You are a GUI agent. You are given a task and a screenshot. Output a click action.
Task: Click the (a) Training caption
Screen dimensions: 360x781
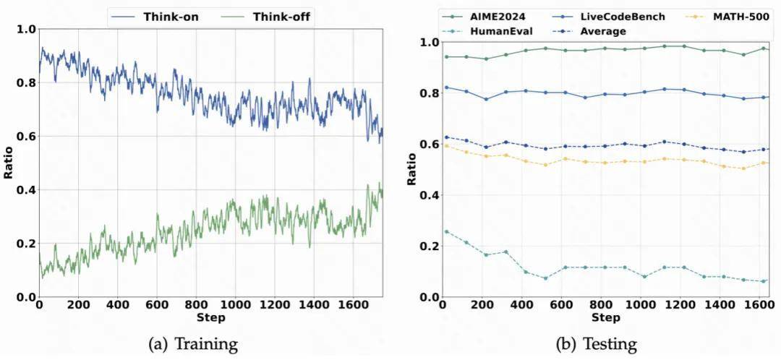tap(192, 344)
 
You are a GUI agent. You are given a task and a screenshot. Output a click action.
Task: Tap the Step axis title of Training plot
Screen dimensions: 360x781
tap(210, 317)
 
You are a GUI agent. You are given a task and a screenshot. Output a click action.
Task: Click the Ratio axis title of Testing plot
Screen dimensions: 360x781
tap(411, 170)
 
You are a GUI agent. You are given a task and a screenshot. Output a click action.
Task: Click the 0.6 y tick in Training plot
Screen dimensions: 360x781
tap(26, 137)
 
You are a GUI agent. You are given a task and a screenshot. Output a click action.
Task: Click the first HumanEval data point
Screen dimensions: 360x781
tap(446, 232)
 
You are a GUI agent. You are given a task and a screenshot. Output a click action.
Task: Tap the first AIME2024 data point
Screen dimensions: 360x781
tap(446, 56)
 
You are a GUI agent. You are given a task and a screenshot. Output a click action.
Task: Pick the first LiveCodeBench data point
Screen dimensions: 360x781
tap(446, 87)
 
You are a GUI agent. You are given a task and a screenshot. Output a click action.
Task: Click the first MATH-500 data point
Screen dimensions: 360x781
tap(446, 146)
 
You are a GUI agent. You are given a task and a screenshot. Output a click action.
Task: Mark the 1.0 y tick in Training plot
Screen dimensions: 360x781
tap(26, 30)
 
